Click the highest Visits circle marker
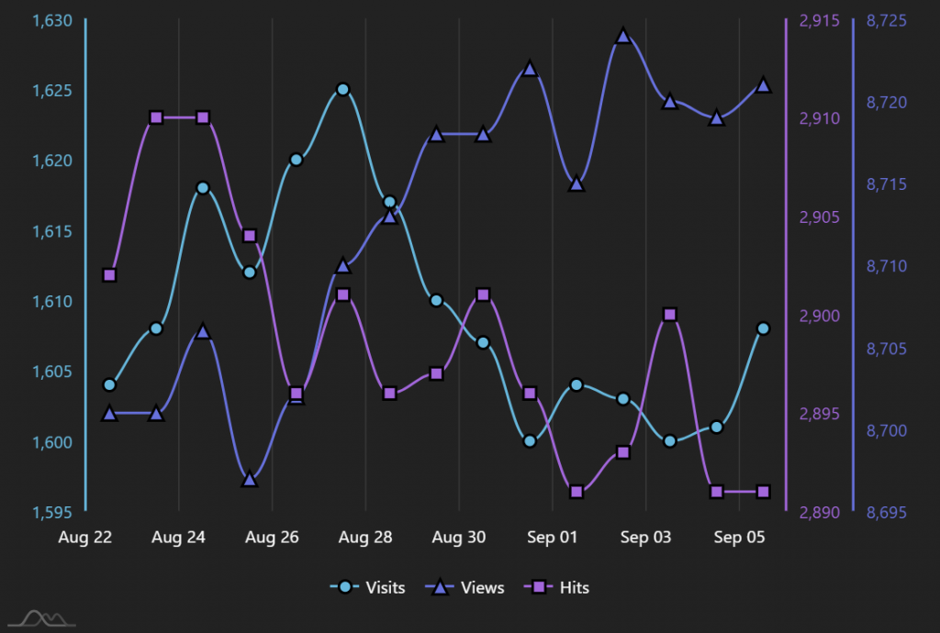pyautogui.click(x=342, y=89)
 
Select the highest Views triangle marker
pyautogui.click(x=623, y=36)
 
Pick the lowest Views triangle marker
pyautogui.click(x=249, y=479)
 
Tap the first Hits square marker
pyautogui.click(x=109, y=275)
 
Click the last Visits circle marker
pyautogui.click(x=763, y=328)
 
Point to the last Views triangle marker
pyautogui.click(x=763, y=85)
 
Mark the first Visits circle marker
pyautogui.click(x=109, y=384)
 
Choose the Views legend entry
pyautogui.click(x=468, y=587)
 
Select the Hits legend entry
pyautogui.click(x=560, y=587)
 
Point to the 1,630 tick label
pyautogui.click(x=51, y=20)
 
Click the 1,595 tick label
pyautogui.click(x=51, y=513)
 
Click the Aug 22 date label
pyautogui.click(x=85, y=538)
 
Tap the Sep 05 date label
pyautogui.click(x=739, y=538)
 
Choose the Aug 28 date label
pyautogui.click(x=365, y=538)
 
